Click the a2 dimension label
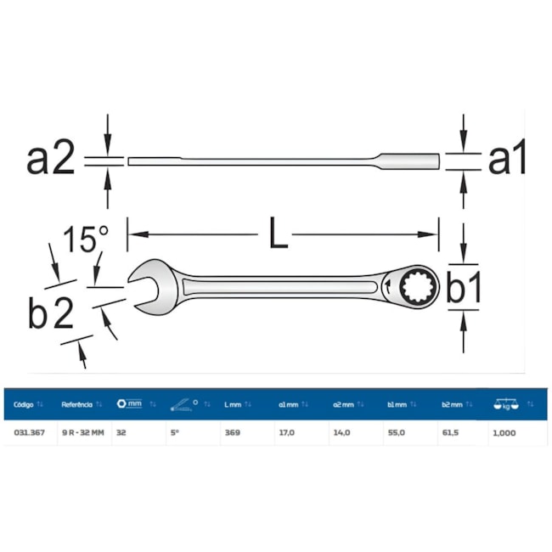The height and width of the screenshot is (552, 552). point(51,159)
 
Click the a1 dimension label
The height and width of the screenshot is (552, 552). point(507,159)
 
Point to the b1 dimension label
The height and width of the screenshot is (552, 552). point(464,290)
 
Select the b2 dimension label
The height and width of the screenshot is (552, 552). point(50,313)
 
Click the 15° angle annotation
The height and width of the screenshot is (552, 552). point(87,239)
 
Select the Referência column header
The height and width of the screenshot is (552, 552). point(77,404)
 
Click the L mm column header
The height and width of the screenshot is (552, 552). point(234,404)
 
